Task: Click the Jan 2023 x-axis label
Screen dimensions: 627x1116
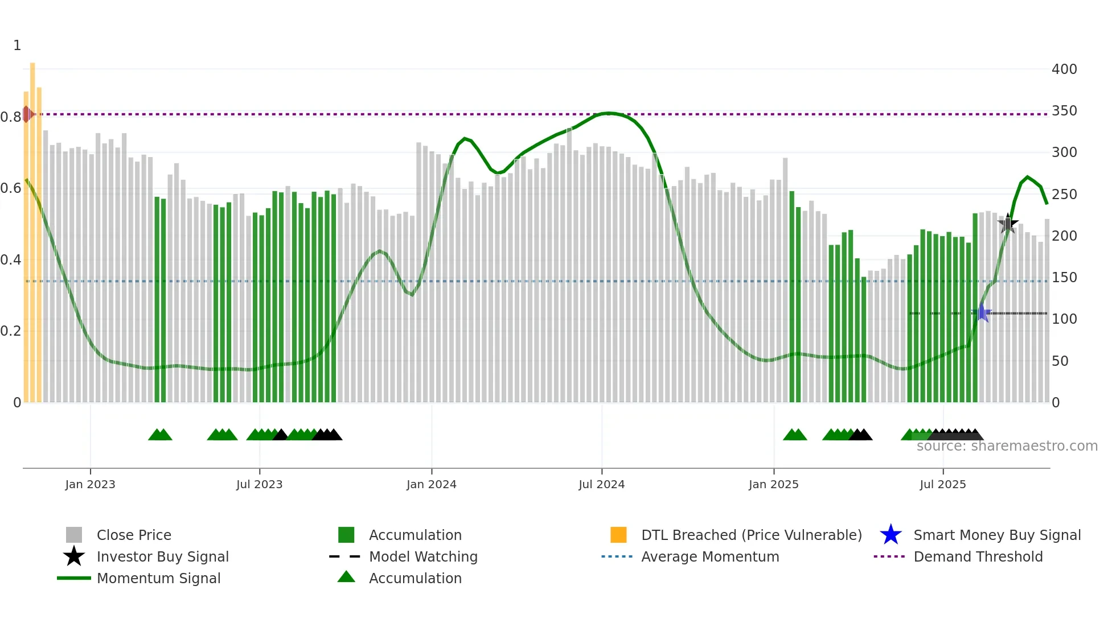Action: [90, 484]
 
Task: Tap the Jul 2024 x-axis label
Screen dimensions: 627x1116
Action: [601, 484]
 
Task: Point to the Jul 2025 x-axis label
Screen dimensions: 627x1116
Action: [942, 484]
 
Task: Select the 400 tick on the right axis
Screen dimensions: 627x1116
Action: [1064, 69]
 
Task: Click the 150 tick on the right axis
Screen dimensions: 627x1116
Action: [1064, 278]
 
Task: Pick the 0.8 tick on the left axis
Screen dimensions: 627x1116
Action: [10, 117]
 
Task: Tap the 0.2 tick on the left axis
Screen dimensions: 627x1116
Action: [10, 331]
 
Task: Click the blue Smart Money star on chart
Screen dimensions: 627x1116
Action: [982, 313]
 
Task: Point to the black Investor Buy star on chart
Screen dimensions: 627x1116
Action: [1008, 224]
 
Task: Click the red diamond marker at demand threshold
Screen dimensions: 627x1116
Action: [27, 114]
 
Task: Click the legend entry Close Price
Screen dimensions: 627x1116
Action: [133, 535]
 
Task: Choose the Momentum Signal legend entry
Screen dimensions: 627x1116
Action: [158, 578]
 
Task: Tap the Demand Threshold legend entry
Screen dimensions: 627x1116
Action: [978, 556]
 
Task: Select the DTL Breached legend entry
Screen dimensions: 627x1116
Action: [751, 535]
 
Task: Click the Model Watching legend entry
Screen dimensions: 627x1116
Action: [422, 556]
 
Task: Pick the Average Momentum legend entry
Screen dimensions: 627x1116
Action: [709, 556]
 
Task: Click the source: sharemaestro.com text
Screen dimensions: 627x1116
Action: [1007, 446]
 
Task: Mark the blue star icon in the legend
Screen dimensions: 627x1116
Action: [891, 535]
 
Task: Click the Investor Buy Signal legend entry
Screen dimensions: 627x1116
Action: [162, 556]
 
